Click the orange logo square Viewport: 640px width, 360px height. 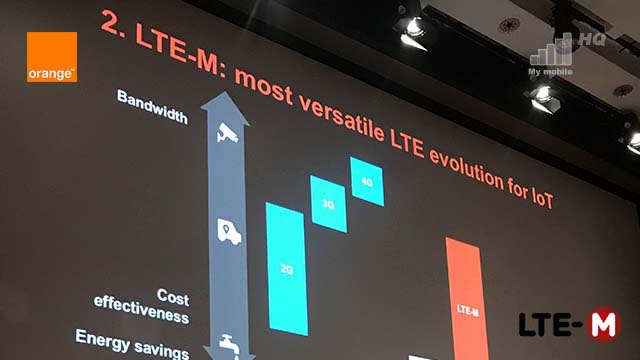point(52,57)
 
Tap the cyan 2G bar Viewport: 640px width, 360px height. point(287,269)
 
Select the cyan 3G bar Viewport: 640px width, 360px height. point(329,204)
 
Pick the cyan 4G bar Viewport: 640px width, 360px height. point(367,182)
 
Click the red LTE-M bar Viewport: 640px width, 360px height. point(467,300)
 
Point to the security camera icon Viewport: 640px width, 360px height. point(227,133)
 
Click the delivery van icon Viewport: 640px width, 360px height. point(229,231)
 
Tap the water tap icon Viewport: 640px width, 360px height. point(230,344)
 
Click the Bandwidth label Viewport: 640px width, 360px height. point(153,107)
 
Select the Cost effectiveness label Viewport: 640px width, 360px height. point(142,306)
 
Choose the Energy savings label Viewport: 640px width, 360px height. point(132,344)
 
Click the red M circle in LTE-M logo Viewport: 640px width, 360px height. point(604,324)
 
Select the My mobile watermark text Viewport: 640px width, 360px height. point(550,72)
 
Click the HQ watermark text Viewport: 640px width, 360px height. point(592,40)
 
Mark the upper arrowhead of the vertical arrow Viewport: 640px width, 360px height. point(225,107)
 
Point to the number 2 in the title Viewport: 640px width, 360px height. point(110,24)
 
